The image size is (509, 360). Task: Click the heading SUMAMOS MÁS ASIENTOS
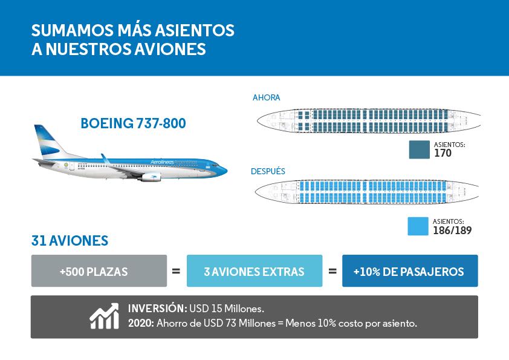tap(132, 30)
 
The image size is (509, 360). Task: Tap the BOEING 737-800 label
tap(133, 124)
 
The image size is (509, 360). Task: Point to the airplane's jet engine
tap(150, 177)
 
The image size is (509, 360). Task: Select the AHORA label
tap(266, 97)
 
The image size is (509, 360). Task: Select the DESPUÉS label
tap(268, 171)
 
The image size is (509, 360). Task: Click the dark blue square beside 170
tap(419, 149)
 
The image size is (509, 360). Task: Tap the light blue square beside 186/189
tap(418, 226)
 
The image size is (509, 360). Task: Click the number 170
tap(443, 154)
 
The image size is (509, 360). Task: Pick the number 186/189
tap(452, 231)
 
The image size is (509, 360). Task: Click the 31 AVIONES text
tap(70, 241)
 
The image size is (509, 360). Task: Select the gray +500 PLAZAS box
tap(99, 271)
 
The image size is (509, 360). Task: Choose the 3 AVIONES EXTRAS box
tap(254, 271)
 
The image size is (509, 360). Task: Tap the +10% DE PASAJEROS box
tap(409, 271)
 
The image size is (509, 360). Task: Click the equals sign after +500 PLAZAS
tap(176, 272)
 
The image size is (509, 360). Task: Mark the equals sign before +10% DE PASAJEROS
tap(332, 272)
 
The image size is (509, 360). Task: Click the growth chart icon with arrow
tap(104, 315)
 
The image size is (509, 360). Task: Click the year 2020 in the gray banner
tap(140, 323)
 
